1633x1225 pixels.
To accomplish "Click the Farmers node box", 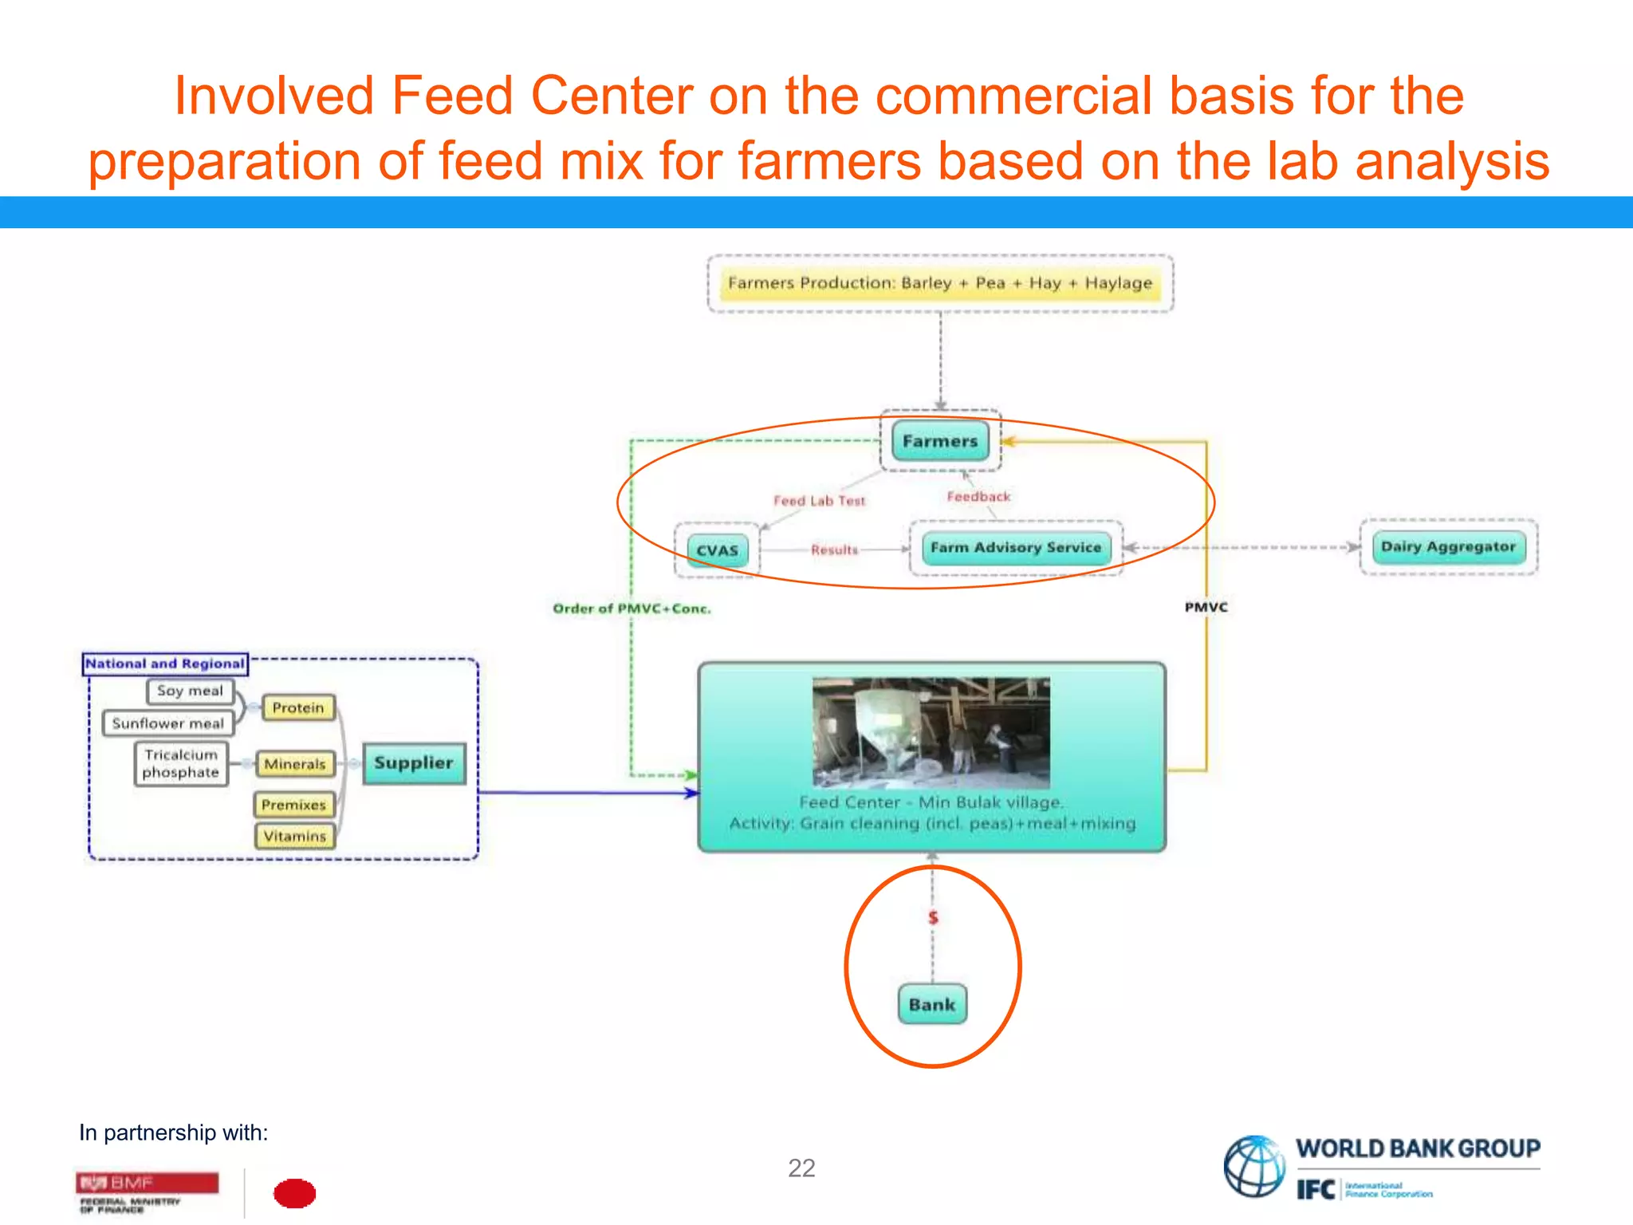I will coord(940,441).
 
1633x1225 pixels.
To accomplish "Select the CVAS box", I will coord(717,550).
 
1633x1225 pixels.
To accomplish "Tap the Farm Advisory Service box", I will coord(1016,547).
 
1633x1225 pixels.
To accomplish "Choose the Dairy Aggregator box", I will coord(1448,546).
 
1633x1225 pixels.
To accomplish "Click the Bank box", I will coord(931,1004).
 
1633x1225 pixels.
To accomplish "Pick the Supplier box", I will coord(414,762).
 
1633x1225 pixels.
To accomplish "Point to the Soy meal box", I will coord(190,691).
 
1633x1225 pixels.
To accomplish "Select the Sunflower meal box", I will coord(168,723).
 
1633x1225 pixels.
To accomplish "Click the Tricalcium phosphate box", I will coord(181,763).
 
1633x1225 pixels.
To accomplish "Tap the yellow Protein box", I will coord(298,707).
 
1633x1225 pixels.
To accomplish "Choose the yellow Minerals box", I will coord(295,764).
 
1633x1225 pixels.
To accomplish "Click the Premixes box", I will coord(293,805).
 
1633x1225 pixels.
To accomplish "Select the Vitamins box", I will coord(295,836).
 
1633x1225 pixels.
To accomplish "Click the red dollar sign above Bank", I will coord(933,918).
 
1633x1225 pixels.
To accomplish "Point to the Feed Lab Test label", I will coord(819,501).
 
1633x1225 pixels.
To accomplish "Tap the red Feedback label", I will coord(978,496).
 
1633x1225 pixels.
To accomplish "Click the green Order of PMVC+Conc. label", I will coord(632,609).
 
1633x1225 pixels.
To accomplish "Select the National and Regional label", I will coord(165,664).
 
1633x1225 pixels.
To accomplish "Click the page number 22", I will coord(801,1168).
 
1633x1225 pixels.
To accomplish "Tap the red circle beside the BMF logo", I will coord(294,1193).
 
